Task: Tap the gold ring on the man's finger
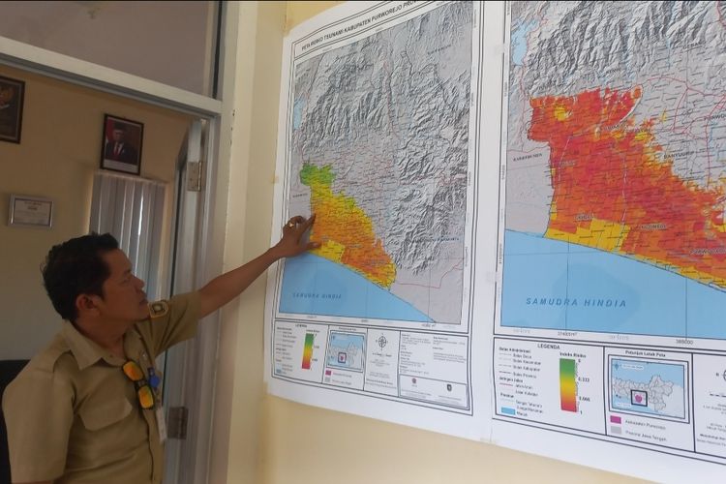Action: point(290,224)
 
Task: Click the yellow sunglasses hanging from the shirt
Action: point(137,382)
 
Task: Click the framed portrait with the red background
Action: point(122,144)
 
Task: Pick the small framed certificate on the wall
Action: point(31,211)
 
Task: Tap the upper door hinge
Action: point(195,175)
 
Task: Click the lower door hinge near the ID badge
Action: point(177,422)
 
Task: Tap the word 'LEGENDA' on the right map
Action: point(549,346)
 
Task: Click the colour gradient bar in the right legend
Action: point(568,385)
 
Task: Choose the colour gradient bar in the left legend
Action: point(308,350)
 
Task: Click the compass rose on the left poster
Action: point(381,342)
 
